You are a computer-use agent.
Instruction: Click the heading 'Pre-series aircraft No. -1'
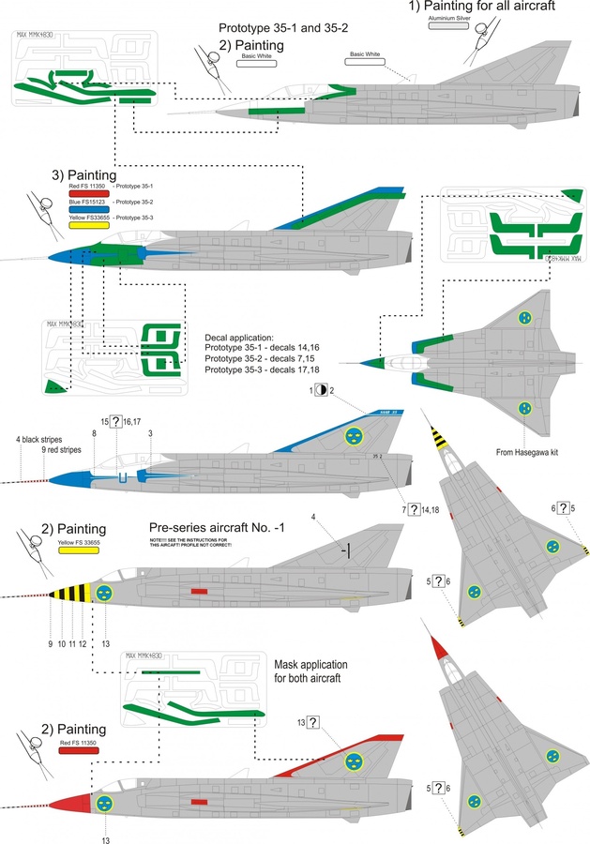233,527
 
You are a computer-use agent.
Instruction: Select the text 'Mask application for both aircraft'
322,669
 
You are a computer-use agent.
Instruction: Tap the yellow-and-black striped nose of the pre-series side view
68,594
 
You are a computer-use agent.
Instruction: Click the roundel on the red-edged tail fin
355,762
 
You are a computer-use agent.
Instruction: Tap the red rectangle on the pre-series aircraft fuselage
198,592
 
